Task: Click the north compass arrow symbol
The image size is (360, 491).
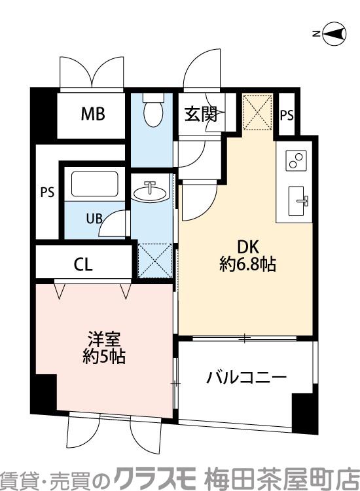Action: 334,34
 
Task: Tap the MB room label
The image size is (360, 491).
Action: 92,115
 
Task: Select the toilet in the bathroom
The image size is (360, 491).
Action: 153,111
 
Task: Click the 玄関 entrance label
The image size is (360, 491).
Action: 200,115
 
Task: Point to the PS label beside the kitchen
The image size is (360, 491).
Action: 287,115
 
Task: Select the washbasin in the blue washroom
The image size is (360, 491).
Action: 151,192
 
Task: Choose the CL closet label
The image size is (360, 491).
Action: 83,265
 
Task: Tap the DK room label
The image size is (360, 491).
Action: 247,247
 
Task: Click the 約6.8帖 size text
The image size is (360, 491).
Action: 247,264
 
